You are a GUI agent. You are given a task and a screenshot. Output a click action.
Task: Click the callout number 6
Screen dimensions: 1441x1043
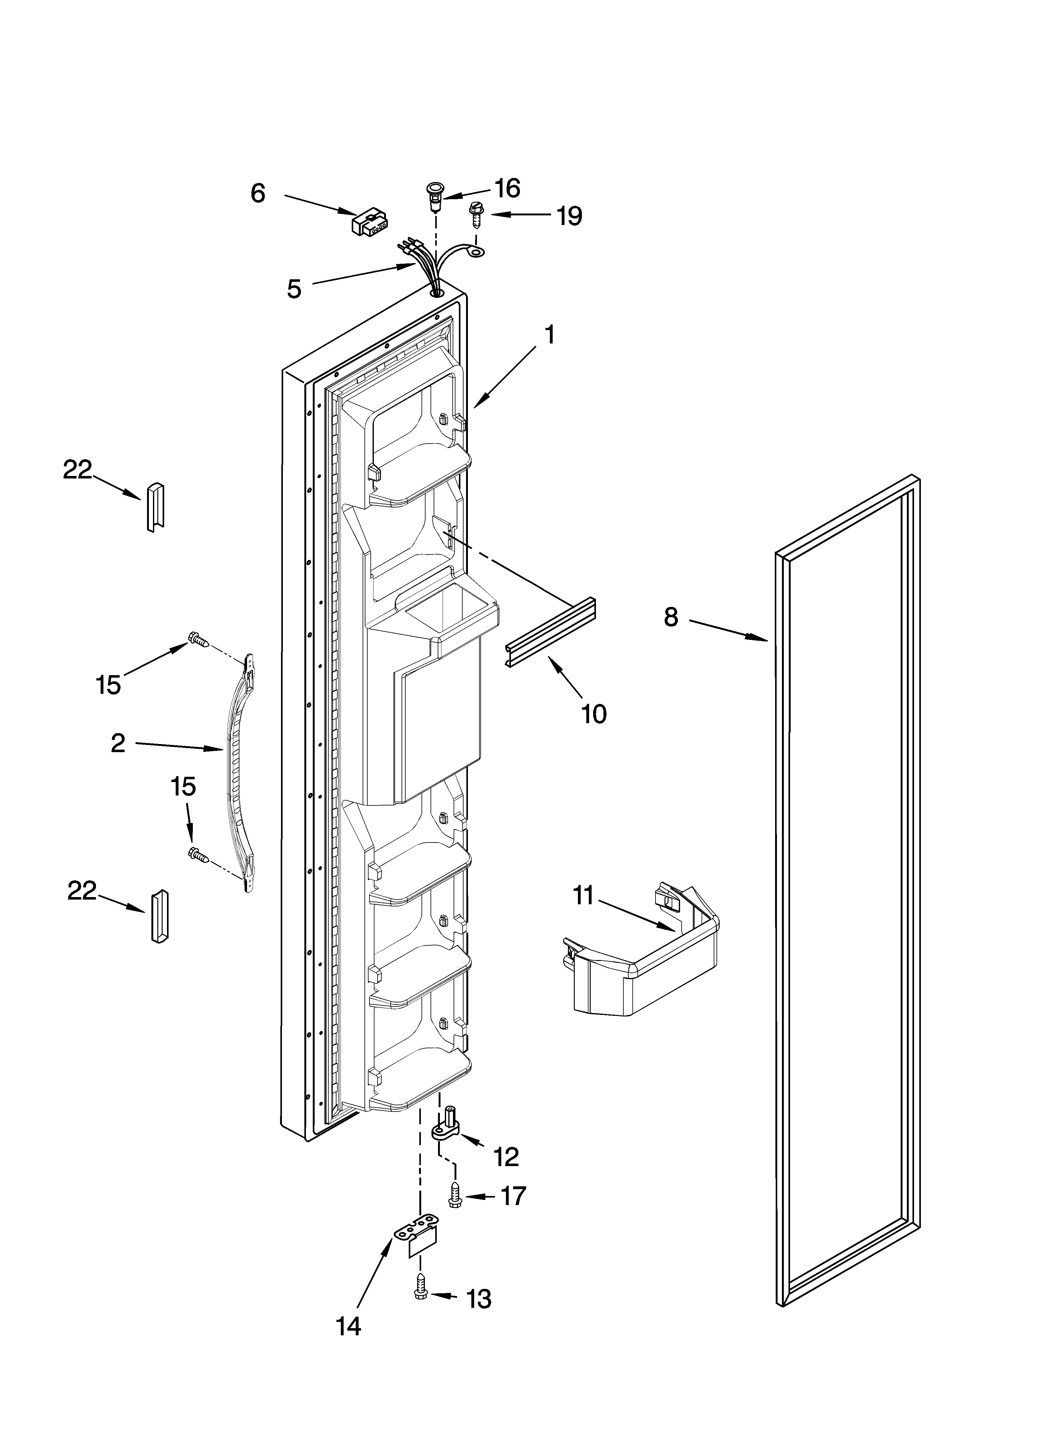(x=257, y=193)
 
